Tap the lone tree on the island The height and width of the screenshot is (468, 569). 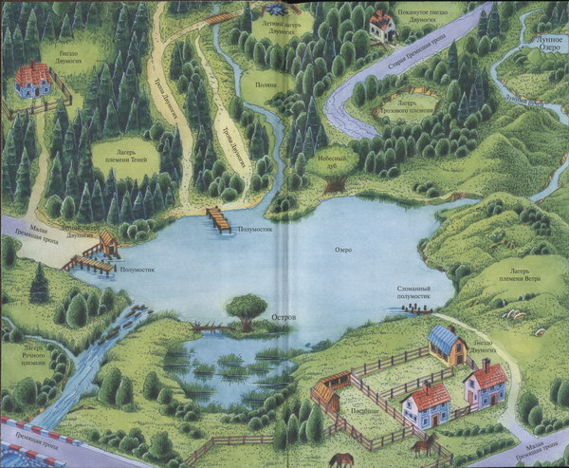[x=247, y=309]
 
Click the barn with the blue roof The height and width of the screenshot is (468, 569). [x=446, y=344]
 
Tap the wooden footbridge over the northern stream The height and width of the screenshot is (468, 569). [x=220, y=18]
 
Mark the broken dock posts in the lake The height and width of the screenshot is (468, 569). [x=417, y=308]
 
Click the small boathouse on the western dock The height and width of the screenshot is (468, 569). [x=108, y=245]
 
